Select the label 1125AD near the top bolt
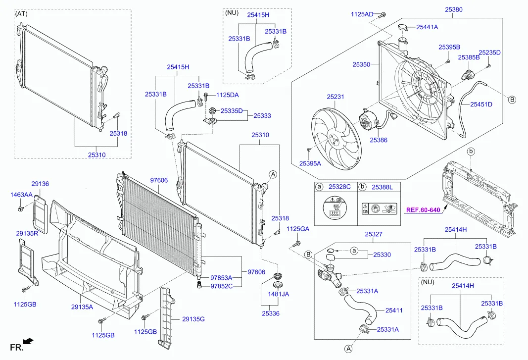tap(362, 14)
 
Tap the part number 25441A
tap(427, 27)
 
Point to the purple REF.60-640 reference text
tap(423, 209)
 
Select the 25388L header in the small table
tap(382, 187)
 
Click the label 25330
tap(382, 255)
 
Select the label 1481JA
tap(278, 294)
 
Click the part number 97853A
tap(221, 278)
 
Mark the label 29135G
tap(193, 319)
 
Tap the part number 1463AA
tap(21, 195)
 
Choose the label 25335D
tap(232, 111)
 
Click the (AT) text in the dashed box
tap(22, 13)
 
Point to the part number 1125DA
tap(228, 95)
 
